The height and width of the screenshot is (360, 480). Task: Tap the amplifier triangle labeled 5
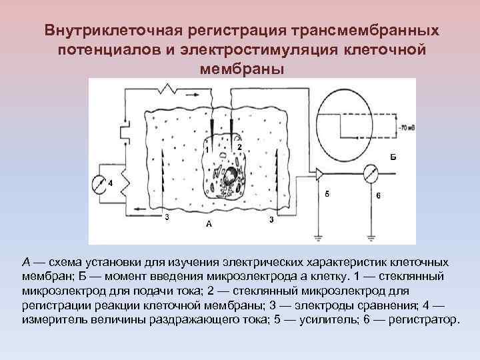(321, 175)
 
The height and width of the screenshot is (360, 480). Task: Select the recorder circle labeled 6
(370, 175)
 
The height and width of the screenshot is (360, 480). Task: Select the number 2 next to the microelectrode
(239, 147)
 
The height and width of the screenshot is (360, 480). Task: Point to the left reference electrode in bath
(163, 180)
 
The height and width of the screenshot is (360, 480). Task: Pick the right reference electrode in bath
(275, 180)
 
